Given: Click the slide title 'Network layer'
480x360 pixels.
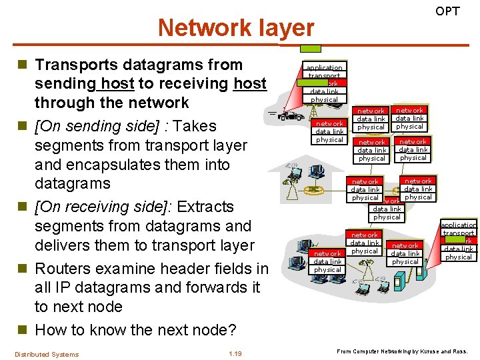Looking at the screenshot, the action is coord(235,28).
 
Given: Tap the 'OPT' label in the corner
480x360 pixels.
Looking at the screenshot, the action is coord(447,11).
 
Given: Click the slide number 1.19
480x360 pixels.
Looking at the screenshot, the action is coord(235,354).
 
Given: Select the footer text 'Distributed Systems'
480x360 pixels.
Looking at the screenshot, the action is coord(47,354).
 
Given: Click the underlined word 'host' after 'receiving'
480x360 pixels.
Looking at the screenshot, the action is coord(250,83).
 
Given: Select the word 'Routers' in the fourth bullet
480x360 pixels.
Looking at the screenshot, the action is coord(65,269).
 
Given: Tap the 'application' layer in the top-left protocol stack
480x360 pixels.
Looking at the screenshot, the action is coord(324,67).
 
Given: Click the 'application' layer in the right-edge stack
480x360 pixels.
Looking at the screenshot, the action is coord(459,225).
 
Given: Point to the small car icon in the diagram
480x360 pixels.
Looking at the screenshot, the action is coord(289,116).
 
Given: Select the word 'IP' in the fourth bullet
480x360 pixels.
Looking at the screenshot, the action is coord(59,288).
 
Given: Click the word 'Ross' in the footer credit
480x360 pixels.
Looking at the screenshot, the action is coord(461,351).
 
